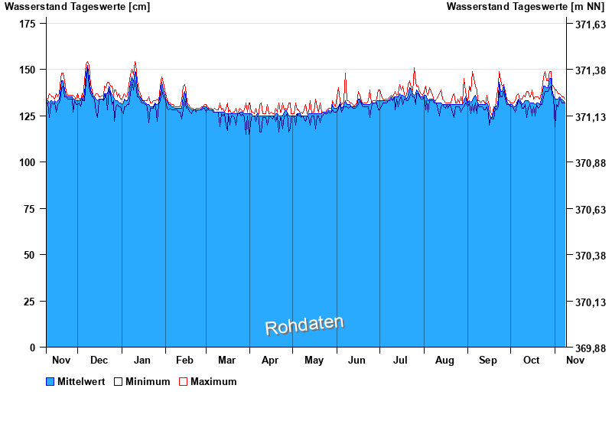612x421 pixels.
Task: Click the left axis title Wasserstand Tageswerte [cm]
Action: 77,7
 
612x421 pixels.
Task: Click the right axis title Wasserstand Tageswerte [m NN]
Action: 527,7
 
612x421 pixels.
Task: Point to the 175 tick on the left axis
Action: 28,24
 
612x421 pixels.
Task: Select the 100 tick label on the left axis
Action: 28,162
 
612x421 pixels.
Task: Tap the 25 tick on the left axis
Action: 31,302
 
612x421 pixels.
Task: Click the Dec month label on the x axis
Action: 99,360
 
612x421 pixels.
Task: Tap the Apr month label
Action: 270,360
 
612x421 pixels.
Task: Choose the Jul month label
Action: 401,360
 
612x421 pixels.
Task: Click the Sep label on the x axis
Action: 488,360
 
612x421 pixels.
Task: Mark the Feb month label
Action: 184,360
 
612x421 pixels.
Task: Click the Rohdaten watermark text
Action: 304,325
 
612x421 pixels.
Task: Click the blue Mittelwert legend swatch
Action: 50,381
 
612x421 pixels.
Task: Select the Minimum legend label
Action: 148,381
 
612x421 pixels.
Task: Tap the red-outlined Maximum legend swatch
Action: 183,381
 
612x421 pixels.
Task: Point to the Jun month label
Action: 356,360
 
